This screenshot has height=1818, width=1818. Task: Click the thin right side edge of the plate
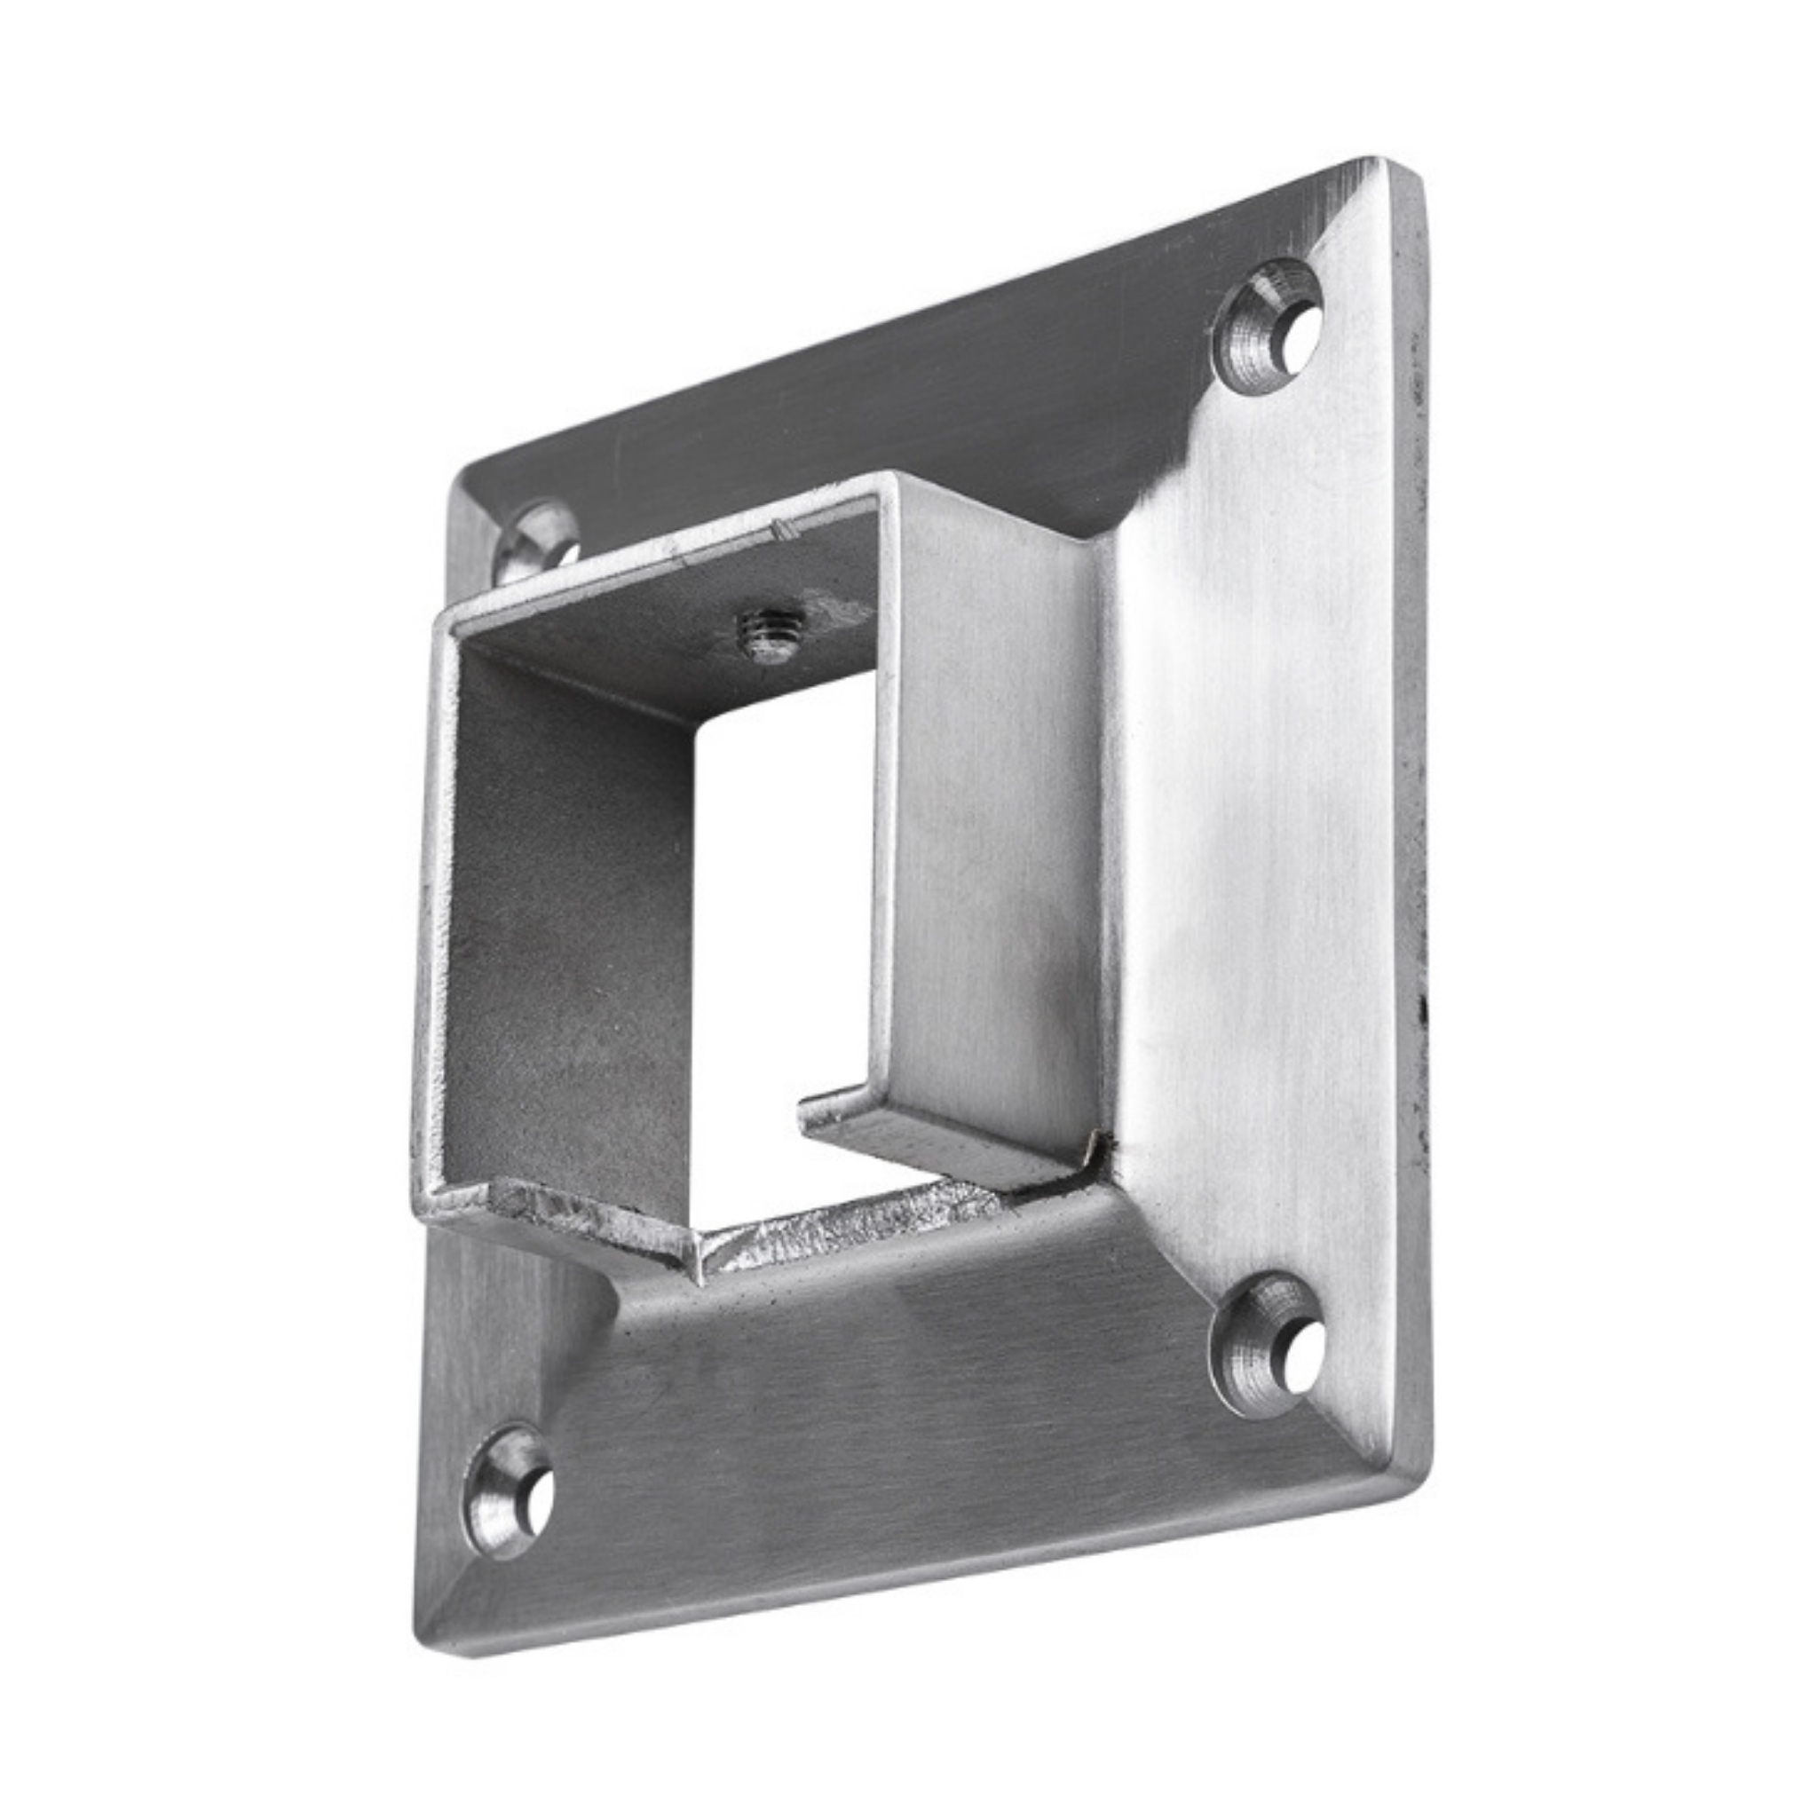1417,753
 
